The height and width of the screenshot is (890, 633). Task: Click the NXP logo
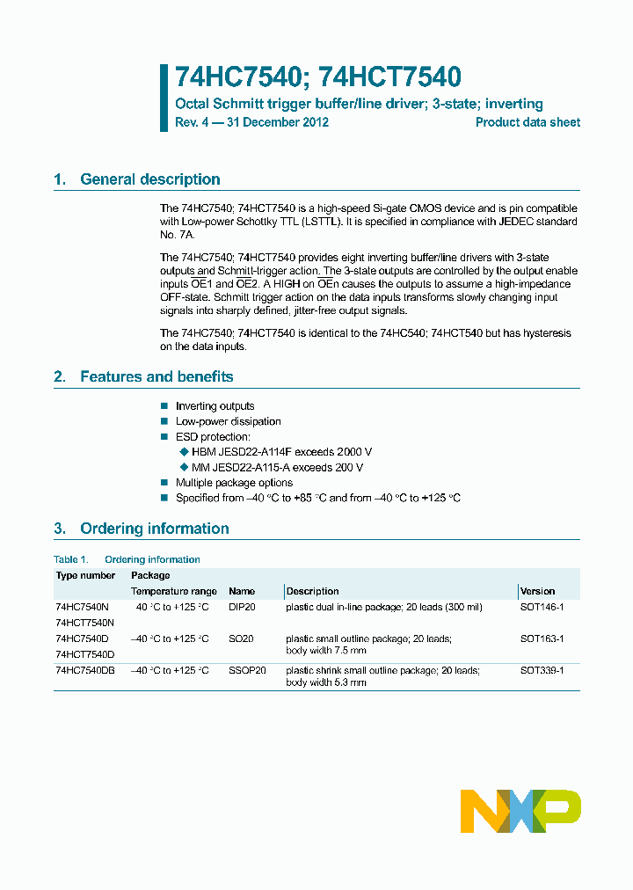520,811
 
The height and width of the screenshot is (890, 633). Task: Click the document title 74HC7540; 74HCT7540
318,78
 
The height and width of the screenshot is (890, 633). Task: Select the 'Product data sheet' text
527,122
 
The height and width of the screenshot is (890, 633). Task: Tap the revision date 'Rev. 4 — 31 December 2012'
251,122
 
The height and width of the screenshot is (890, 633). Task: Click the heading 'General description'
149,179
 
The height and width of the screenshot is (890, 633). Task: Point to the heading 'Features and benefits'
156,376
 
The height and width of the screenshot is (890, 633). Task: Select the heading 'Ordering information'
154,529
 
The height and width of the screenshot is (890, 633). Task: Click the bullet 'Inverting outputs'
215,406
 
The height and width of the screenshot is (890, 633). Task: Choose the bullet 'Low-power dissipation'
228,421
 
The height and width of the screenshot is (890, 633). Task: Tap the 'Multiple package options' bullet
234,483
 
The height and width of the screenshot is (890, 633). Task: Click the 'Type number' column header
85,575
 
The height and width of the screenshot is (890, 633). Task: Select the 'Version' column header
537,591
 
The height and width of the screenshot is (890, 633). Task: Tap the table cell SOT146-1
542,607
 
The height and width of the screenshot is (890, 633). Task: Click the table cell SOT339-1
542,670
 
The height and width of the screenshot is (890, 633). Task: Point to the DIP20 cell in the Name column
242,607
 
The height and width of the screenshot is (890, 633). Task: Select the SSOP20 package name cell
247,670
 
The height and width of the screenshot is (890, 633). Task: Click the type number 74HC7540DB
85,670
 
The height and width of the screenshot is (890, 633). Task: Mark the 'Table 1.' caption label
71,559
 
